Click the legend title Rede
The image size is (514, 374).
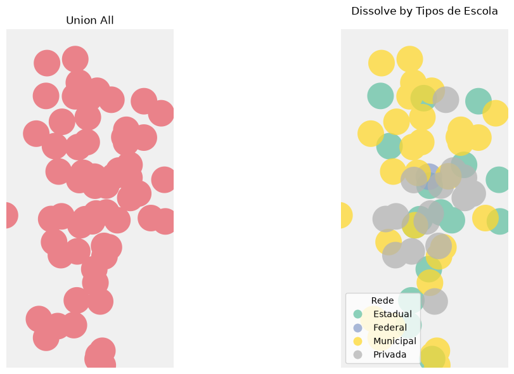click(x=383, y=300)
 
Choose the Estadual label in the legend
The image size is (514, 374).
click(x=392, y=314)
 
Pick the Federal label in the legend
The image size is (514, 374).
click(x=390, y=328)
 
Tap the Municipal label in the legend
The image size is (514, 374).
click(x=395, y=341)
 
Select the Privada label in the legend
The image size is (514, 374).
click(x=390, y=354)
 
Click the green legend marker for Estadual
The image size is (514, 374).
click(x=357, y=314)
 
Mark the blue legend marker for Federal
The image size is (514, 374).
click(x=357, y=328)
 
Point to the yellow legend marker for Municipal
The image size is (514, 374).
click(x=357, y=341)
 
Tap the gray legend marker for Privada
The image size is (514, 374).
click(x=357, y=354)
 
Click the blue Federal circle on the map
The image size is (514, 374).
click(x=430, y=172)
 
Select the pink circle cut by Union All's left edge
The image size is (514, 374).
click(x=11, y=216)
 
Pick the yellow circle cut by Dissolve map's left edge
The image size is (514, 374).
click(x=346, y=216)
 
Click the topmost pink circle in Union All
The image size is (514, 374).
click(x=75, y=60)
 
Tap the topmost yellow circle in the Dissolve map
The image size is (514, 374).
click(x=409, y=60)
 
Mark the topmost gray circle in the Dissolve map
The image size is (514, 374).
click(x=446, y=100)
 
